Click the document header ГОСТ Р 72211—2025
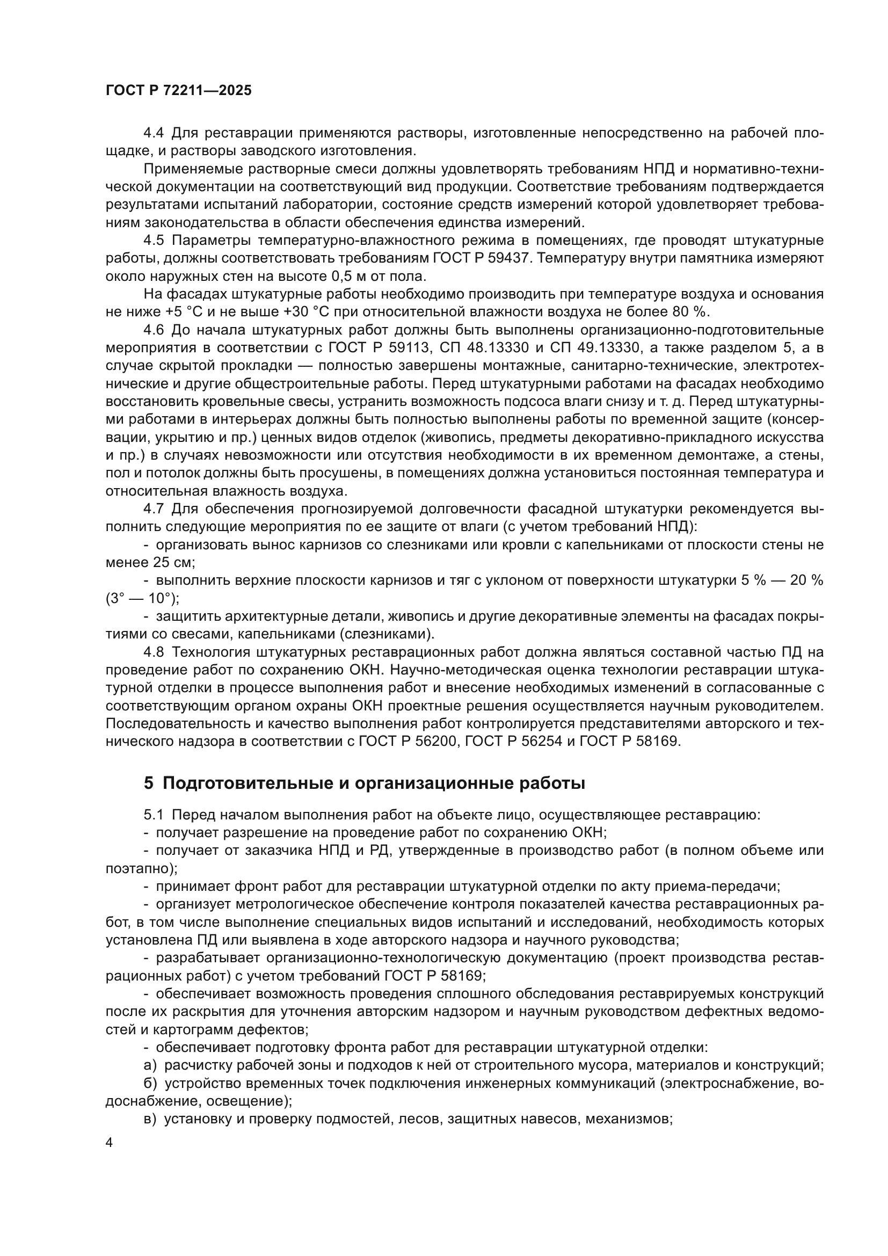pyautogui.click(x=178, y=91)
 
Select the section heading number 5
pyautogui.click(x=149, y=783)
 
